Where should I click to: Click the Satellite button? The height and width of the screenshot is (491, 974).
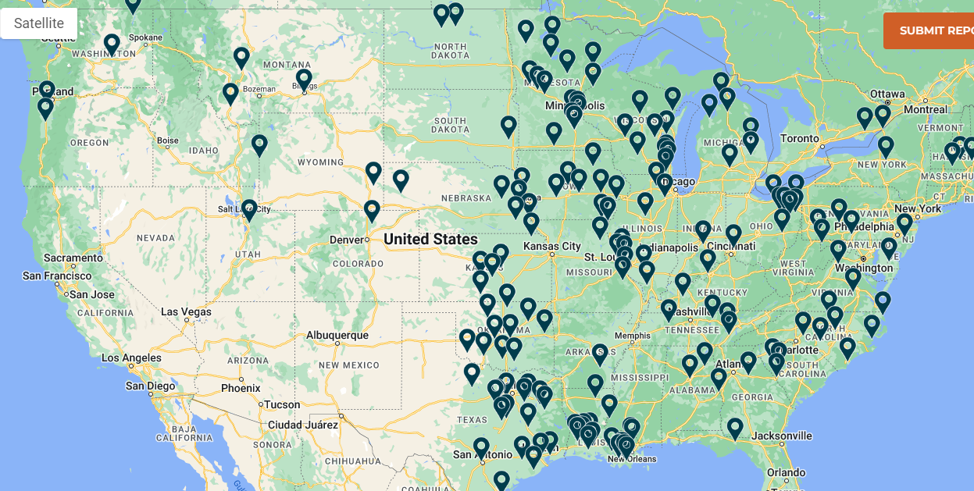[39, 24]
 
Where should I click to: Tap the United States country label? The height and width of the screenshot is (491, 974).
[430, 239]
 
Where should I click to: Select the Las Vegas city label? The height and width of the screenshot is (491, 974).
[186, 311]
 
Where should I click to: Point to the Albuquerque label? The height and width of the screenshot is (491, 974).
[337, 335]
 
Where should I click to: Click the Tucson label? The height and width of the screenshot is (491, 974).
[282, 404]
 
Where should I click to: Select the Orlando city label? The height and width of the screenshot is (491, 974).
[786, 472]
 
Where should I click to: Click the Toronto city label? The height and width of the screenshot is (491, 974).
[800, 138]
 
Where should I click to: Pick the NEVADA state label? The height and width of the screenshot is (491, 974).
[155, 237]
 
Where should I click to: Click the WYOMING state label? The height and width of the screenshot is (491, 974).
[320, 162]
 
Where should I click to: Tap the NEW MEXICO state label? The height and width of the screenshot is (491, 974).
[349, 365]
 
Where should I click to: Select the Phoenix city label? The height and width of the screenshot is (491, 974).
[241, 388]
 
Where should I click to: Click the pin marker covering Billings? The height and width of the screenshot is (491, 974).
[304, 79]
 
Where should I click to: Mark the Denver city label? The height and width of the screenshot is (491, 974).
[347, 239]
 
